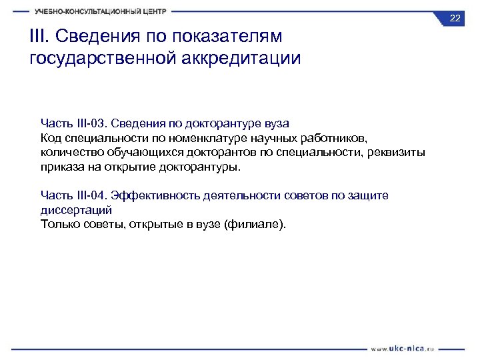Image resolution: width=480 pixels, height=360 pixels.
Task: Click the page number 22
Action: pyautogui.click(x=455, y=18)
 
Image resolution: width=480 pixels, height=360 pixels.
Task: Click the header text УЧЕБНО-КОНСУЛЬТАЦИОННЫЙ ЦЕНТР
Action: pyautogui.click(x=101, y=11)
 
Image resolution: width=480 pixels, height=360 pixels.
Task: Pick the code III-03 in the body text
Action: pyautogui.click(x=90, y=123)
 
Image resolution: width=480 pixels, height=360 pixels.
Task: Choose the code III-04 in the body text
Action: pyautogui.click(x=90, y=195)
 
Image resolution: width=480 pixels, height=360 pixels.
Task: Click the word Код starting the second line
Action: pyautogui.click(x=51, y=138)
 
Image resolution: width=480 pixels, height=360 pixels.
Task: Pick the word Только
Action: pyautogui.click(x=59, y=224)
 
